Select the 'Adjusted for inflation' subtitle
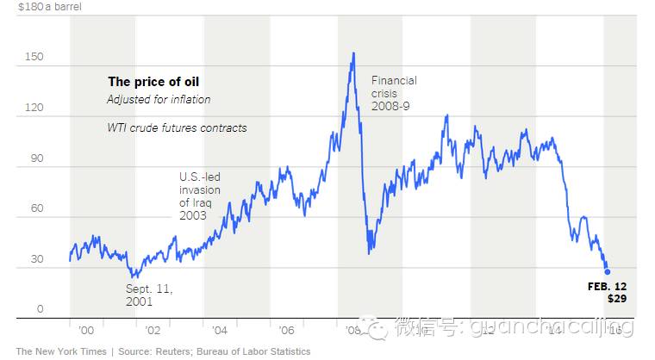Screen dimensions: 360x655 pyautogui.click(x=159, y=100)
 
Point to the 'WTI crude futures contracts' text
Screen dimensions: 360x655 pyautogui.click(x=177, y=128)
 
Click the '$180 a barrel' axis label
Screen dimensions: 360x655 pyautogui.click(x=47, y=6)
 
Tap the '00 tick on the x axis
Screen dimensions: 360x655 pyautogui.click(x=86, y=331)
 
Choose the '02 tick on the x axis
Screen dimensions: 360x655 pyautogui.click(x=153, y=331)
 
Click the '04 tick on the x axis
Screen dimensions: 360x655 pyautogui.click(x=219, y=331)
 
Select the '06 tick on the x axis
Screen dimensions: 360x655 pyautogui.click(x=286, y=331)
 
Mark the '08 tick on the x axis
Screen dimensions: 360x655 pyautogui.click(x=352, y=331)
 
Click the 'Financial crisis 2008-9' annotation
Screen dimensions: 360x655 pyautogui.click(x=394, y=93)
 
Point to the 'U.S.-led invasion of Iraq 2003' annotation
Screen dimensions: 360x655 pyautogui.click(x=200, y=196)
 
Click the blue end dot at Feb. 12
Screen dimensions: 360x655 pyautogui.click(x=607, y=271)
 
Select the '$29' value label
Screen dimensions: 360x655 pyautogui.click(x=616, y=298)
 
